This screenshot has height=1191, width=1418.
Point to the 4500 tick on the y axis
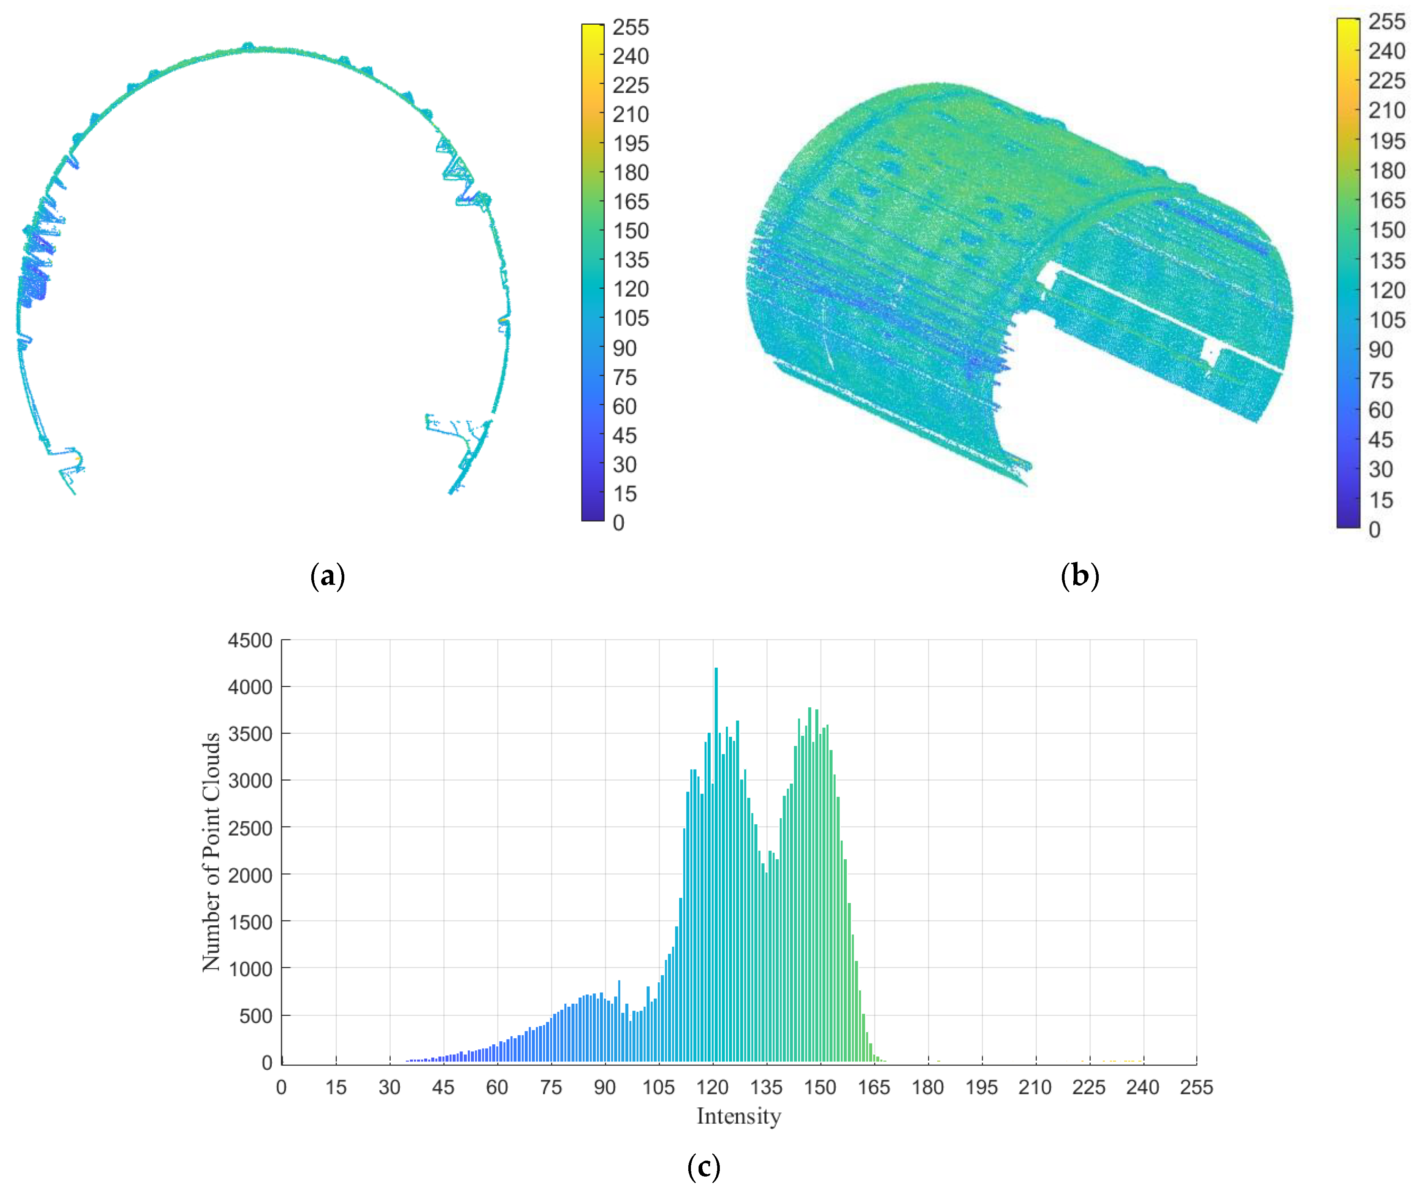250,640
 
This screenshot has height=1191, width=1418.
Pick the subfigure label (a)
328,576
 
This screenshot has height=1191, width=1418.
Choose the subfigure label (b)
1080,576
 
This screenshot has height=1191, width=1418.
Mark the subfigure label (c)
703,1166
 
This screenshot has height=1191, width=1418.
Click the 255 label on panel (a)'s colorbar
630,27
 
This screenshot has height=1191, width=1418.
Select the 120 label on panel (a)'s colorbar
630,289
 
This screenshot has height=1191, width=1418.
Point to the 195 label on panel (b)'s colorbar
1386,141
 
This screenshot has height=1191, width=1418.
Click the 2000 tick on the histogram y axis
250,875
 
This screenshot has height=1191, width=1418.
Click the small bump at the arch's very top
248,46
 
